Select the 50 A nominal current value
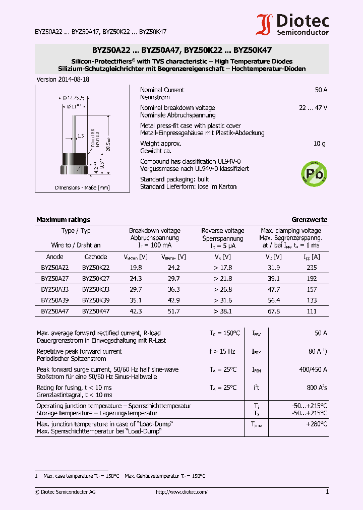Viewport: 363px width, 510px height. pos(321,90)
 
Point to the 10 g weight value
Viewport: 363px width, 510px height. pos(320,144)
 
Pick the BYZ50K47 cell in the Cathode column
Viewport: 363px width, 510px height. pos(96,311)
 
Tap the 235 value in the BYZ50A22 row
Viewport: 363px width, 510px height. pos(312,268)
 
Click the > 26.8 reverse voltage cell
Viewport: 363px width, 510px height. pos(223,290)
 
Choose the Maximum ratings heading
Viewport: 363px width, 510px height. pos(63,220)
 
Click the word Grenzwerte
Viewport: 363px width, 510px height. pos(310,220)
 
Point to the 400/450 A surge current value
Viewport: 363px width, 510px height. pos(313,369)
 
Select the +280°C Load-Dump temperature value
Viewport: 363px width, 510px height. pos(317,424)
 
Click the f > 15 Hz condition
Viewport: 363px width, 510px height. pos(222,351)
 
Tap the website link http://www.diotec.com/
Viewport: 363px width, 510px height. pos(181,492)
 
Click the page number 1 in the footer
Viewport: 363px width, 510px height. pos(327,492)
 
